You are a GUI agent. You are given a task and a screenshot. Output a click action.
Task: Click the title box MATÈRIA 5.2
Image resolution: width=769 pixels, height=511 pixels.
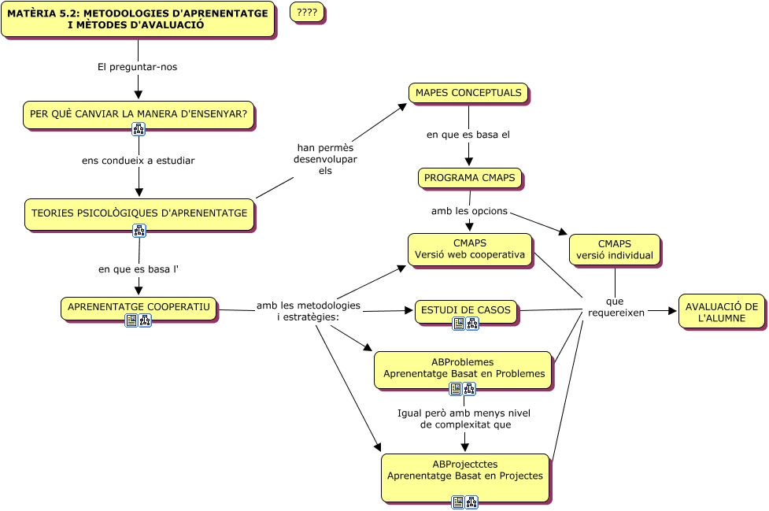138,19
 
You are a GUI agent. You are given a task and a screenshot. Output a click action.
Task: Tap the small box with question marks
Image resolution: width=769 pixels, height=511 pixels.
307,12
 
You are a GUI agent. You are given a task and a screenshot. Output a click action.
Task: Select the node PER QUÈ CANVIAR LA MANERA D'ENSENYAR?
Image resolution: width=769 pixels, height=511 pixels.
139,113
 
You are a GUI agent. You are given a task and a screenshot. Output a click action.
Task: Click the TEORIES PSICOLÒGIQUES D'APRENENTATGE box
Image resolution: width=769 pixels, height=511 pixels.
139,213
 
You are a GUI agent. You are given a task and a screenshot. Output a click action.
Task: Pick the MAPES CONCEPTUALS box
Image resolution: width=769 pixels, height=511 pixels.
468,93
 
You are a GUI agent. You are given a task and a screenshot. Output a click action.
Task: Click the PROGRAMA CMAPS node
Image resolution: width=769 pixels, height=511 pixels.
469,178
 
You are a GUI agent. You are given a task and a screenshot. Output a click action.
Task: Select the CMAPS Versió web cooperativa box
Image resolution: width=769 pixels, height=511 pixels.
470,249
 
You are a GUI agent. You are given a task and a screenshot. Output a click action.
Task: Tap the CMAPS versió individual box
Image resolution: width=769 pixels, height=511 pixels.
614,250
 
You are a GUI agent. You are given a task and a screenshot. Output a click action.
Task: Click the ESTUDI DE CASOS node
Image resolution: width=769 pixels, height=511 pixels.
465,310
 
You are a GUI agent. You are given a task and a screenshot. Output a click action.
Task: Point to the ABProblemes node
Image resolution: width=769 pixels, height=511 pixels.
463,368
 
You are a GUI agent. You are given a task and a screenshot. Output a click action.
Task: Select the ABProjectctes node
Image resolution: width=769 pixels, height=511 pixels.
464,471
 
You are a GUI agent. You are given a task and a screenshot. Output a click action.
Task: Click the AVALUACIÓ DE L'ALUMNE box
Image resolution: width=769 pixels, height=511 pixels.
721,312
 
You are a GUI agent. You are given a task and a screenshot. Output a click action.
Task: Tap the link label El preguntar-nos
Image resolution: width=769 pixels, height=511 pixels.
138,67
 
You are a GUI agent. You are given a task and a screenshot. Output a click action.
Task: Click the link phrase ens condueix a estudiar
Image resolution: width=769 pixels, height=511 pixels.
139,161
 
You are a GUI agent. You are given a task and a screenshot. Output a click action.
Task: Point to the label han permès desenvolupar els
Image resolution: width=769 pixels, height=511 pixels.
325,159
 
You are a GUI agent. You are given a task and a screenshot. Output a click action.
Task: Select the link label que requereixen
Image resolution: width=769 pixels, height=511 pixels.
616,307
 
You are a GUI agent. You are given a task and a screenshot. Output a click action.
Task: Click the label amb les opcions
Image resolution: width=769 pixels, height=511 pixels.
469,211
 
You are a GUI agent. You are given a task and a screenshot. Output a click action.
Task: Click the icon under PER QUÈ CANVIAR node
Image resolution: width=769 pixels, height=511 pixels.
139,129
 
